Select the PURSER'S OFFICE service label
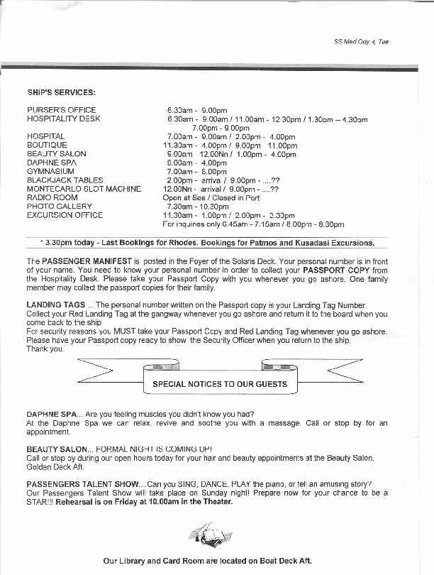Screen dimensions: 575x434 (x=61, y=110)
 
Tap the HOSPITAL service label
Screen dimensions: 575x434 (x=46, y=136)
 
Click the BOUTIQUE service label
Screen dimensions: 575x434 (x=47, y=145)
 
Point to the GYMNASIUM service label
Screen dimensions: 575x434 (x=50, y=171)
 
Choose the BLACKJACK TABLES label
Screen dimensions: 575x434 (x=65, y=180)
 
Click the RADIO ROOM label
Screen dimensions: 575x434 (x=52, y=197)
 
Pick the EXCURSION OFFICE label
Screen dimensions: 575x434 (x=65, y=214)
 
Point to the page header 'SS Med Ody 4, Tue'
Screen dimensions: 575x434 (x=361, y=42)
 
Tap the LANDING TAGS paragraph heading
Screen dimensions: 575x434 (x=54, y=305)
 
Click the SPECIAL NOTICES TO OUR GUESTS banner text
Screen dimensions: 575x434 (x=220, y=384)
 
